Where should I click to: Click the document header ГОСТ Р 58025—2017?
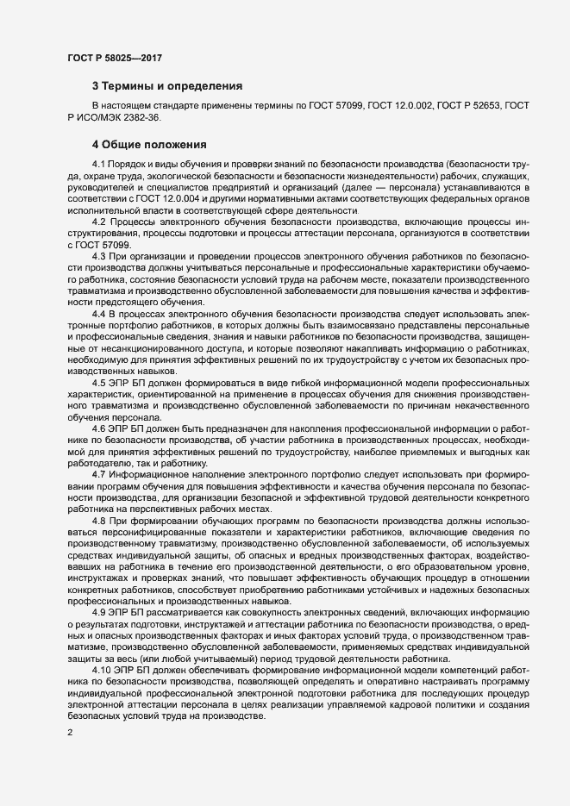(115, 58)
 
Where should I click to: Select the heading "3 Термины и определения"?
(166, 86)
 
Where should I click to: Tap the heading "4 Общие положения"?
(148, 144)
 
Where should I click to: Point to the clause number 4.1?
(99, 164)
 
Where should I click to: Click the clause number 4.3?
(99, 257)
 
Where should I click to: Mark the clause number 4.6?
(99, 428)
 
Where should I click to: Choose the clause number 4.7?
(99, 474)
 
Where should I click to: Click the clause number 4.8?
(99, 521)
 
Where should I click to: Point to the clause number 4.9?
(99, 611)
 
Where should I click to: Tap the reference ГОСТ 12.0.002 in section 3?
(399, 105)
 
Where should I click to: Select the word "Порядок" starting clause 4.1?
(130, 164)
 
